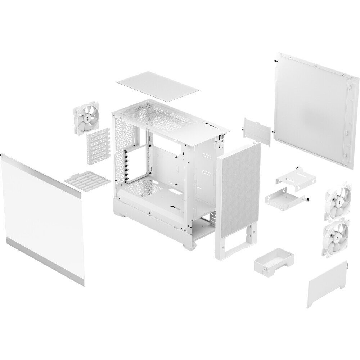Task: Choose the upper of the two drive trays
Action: coord(295,177)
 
